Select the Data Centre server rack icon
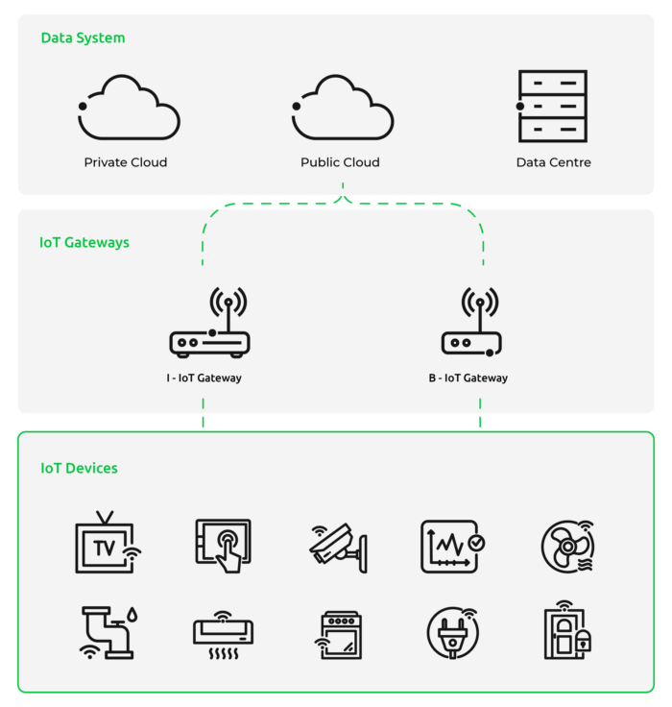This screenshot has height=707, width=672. click(x=552, y=106)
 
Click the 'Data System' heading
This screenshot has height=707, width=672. click(x=83, y=37)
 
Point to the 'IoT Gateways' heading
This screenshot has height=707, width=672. click(x=84, y=243)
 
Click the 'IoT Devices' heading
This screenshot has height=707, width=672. click(x=79, y=468)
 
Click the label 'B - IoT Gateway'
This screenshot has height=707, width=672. click(x=468, y=378)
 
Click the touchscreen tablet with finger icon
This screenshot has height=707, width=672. click(x=224, y=546)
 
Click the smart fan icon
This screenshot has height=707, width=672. click(x=568, y=547)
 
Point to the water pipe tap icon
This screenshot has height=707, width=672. click(x=108, y=633)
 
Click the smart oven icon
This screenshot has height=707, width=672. click(x=339, y=635)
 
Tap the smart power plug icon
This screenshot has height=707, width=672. click(x=453, y=633)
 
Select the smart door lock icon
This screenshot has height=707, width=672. click(x=567, y=630)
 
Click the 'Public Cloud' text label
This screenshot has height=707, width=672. click(x=340, y=162)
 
